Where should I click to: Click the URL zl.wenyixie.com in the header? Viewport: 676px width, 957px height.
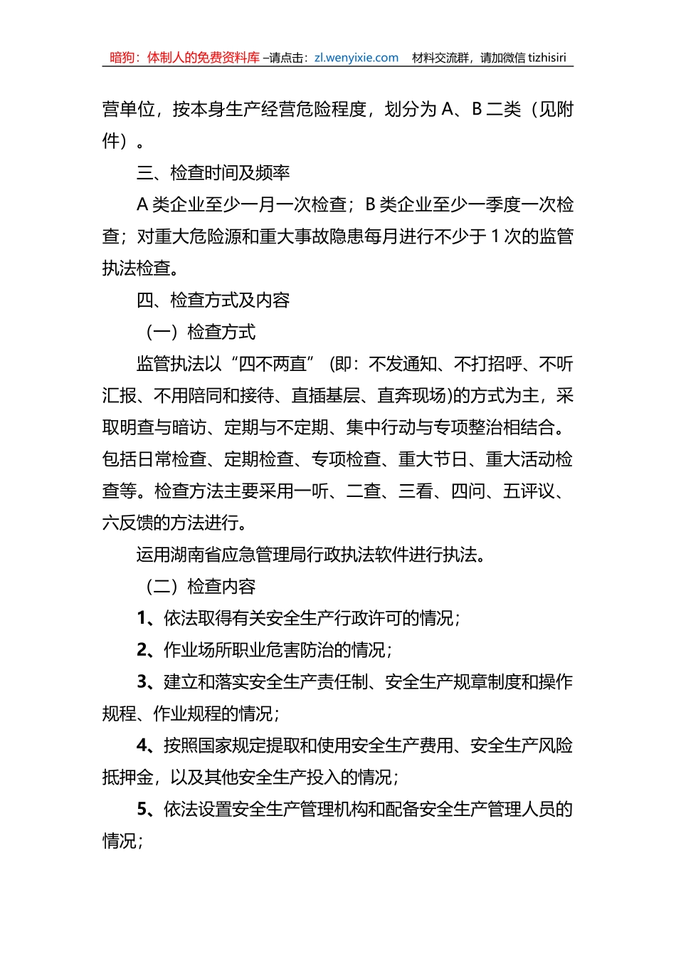pyautogui.click(x=356, y=58)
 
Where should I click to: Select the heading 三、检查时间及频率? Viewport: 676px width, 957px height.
pyautogui.click(x=213, y=173)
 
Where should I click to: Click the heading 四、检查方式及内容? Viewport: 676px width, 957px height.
pyautogui.click(x=213, y=300)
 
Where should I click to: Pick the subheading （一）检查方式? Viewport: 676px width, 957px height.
pyautogui.click(x=200, y=333)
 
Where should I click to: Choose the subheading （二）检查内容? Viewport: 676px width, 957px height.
pyautogui.click(x=200, y=587)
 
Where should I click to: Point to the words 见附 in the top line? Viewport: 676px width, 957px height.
pyautogui.click(x=556, y=110)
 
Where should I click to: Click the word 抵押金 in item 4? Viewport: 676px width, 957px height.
pyautogui.click(x=128, y=778)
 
